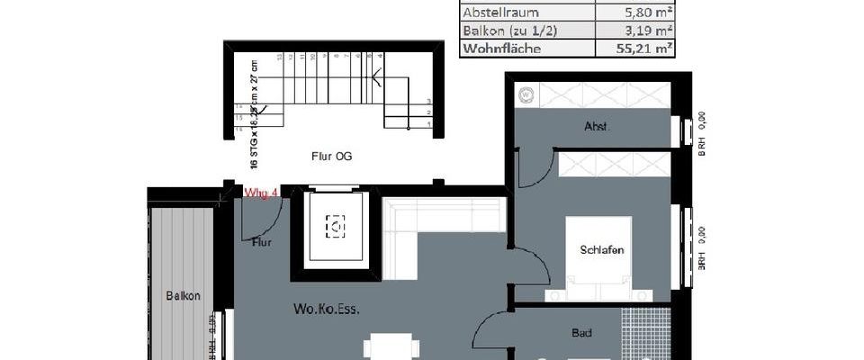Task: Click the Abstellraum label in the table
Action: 500,13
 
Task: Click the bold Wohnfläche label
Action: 502,49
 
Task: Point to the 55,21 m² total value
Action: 642,49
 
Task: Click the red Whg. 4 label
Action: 260,192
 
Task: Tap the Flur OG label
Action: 331,157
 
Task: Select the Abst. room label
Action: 596,128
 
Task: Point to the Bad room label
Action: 582,333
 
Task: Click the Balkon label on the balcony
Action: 183,295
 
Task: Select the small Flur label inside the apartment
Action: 262,241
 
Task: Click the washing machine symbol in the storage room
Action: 524,93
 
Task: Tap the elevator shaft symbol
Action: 336,229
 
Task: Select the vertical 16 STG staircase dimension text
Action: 255,112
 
